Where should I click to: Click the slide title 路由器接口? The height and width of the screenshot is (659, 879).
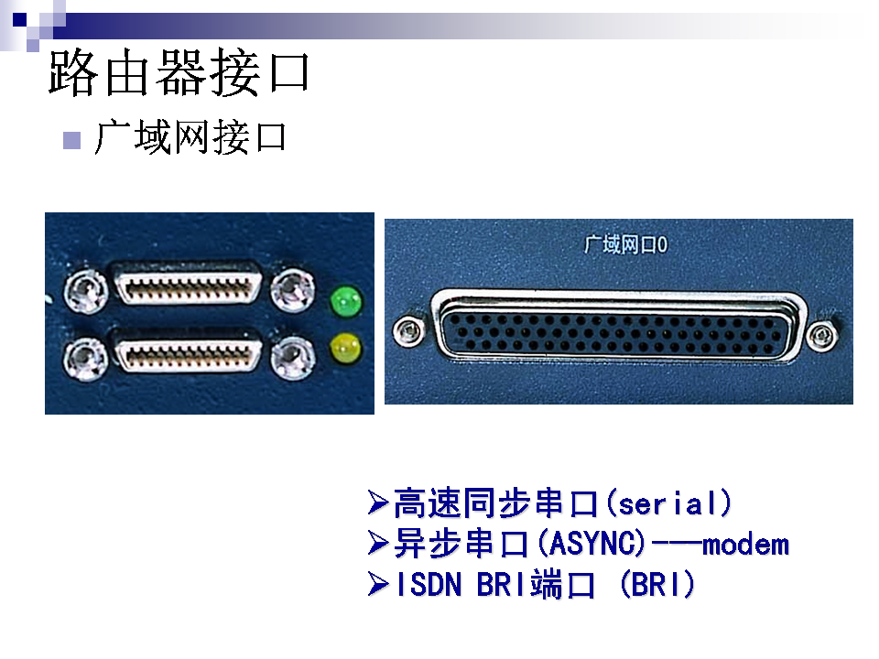[179, 72]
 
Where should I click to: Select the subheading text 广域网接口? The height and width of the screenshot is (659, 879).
[190, 136]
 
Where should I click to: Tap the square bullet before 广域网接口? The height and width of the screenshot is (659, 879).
[71, 140]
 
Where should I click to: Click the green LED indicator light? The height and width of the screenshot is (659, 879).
[346, 301]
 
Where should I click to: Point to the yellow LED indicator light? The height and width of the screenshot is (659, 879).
[346, 348]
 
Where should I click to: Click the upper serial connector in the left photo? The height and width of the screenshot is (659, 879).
[189, 283]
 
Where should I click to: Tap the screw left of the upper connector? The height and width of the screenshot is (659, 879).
[85, 291]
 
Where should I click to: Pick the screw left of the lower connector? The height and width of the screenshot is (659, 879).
[85, 358]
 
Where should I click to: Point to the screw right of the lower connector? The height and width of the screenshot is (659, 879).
[292, 357]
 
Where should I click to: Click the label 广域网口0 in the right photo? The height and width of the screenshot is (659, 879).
[625, 245]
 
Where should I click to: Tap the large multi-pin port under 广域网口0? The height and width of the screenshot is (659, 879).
[619, 326]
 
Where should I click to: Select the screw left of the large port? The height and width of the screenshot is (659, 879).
[408, 330]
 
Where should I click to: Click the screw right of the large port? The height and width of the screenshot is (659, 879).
[822, 336]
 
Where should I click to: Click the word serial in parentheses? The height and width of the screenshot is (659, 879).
[668, 503]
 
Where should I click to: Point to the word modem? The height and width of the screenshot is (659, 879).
[745, 545]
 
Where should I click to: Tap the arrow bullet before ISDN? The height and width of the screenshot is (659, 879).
[378, 585]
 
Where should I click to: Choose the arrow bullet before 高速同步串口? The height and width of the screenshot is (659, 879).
[378, 502]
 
